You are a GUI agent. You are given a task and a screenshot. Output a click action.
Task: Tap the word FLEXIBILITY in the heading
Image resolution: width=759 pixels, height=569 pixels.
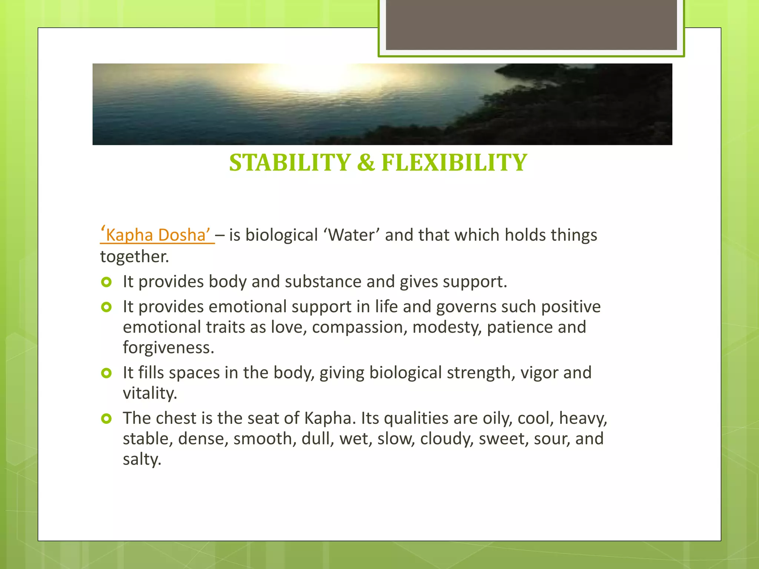[x=454, y=163]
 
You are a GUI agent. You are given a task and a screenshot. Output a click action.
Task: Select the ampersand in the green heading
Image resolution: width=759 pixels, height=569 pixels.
[x=366, y=163]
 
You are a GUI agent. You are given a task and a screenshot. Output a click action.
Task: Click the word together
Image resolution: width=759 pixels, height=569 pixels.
[x=134, y=257]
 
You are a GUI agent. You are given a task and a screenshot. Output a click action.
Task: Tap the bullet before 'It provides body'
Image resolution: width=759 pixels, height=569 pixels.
[x=106, y=282]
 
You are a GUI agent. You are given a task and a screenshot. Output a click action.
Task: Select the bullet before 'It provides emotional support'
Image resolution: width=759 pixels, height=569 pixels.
[x=106, y=307]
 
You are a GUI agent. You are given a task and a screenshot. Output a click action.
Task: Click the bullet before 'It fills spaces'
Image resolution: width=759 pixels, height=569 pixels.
[x=106, y=373]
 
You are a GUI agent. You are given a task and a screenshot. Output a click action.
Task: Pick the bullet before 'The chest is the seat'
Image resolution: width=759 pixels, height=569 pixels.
[x=106, y=419]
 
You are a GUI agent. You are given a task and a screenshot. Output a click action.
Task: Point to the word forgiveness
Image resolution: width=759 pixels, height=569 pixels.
[x=168, y=348]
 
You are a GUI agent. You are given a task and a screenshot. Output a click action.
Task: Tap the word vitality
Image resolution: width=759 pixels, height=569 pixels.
[x=150, y=393]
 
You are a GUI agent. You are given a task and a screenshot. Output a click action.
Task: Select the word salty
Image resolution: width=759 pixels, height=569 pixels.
[x=142, y=459]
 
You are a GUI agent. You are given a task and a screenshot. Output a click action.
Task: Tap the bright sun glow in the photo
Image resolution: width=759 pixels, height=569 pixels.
[x=315, y=76]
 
